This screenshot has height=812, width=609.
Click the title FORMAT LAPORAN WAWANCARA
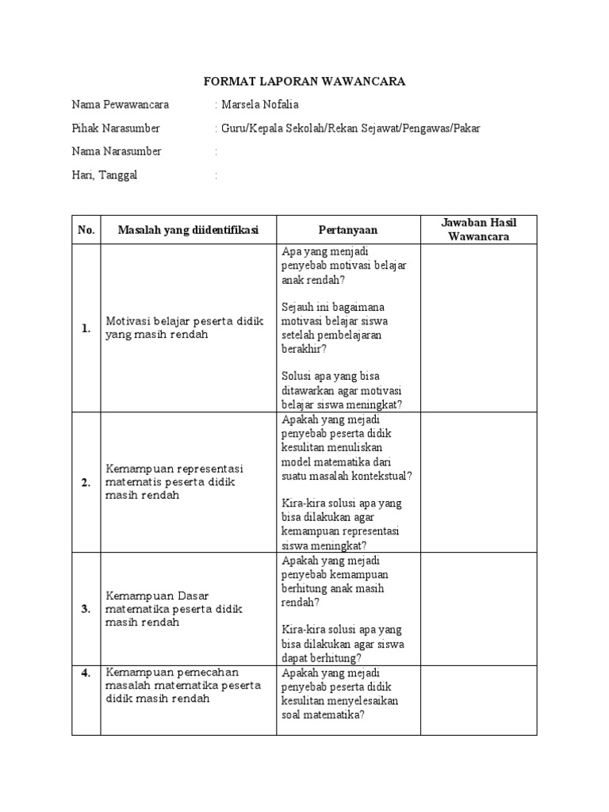coord(304,82)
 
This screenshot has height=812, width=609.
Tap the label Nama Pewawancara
coord(119,105)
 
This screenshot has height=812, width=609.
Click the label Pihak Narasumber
coord(116,128)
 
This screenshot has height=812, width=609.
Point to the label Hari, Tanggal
coord(105,175)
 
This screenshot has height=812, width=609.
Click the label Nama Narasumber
coord(117,151)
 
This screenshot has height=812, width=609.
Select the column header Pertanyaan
coord(348,230)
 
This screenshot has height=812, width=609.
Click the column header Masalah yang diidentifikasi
coord(188,230)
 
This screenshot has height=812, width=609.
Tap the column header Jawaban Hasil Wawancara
coord(479,230)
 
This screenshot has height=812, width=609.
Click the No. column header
coord(86,230)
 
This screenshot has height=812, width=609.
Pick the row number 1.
coord(86,328)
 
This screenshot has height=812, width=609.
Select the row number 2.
coord(86,483)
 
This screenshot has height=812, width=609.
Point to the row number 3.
coord(86,609)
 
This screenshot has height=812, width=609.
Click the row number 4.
coord(86,673)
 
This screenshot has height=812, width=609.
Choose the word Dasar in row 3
coord(192,595)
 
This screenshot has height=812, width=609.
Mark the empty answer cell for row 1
coord(479,328)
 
